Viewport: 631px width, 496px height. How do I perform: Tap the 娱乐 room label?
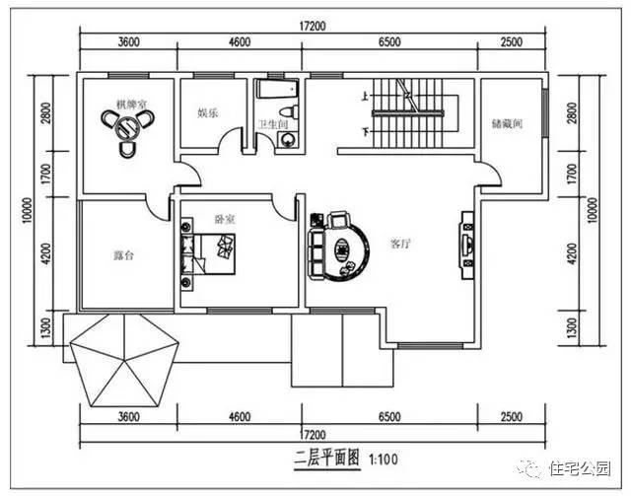click(x=207, y=113)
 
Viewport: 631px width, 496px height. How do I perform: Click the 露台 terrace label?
click(x=123, y=254)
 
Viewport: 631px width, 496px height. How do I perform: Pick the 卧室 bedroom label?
click(x=224, y=219)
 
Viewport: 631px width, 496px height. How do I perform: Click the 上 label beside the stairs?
click(x=367, y=97)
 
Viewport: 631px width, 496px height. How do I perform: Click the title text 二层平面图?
click(x=326, y=459)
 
